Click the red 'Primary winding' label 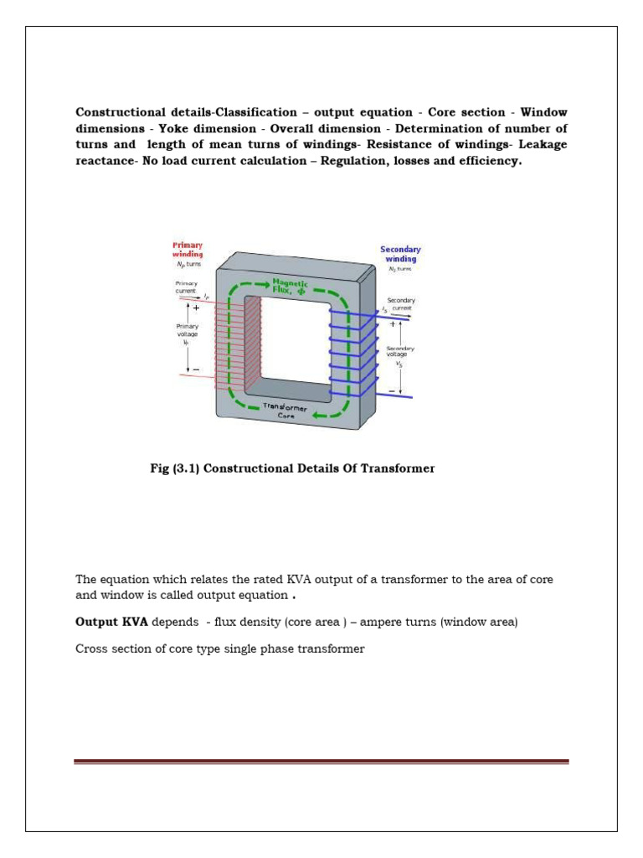(188, 249)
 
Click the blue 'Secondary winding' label (400, 254)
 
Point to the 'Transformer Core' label (287, 410)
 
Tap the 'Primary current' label (186, 287)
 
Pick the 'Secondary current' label (401, 304)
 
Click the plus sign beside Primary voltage (196, 308)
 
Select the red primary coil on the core (239, 344)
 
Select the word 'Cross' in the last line (91, 649)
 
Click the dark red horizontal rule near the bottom (321, 762)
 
